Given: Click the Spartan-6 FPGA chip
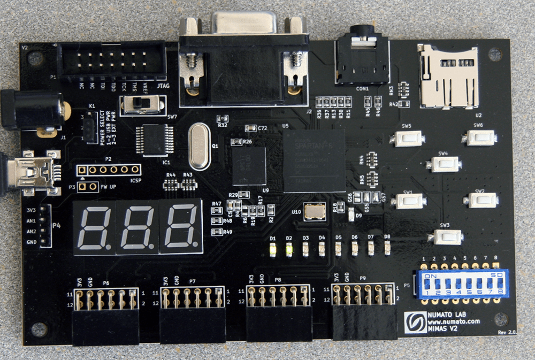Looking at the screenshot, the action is pyautogui.click(x=314, y=160).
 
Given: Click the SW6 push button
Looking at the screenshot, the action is pyautogui.click(x=478, y=138).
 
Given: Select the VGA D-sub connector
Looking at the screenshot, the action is pyautogui.click(x=243, y=59).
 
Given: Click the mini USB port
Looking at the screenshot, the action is pyautogui.click(x=37, y=172).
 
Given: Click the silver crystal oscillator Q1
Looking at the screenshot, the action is pyautogui.click(x=199, y=144).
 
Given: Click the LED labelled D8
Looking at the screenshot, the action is pyautogui.click(x=387, y=247).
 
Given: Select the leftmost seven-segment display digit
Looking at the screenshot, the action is pyautogui.click(x=95, y=227).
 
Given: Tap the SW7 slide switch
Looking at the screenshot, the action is pyautogui.click(x=142, y=105).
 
